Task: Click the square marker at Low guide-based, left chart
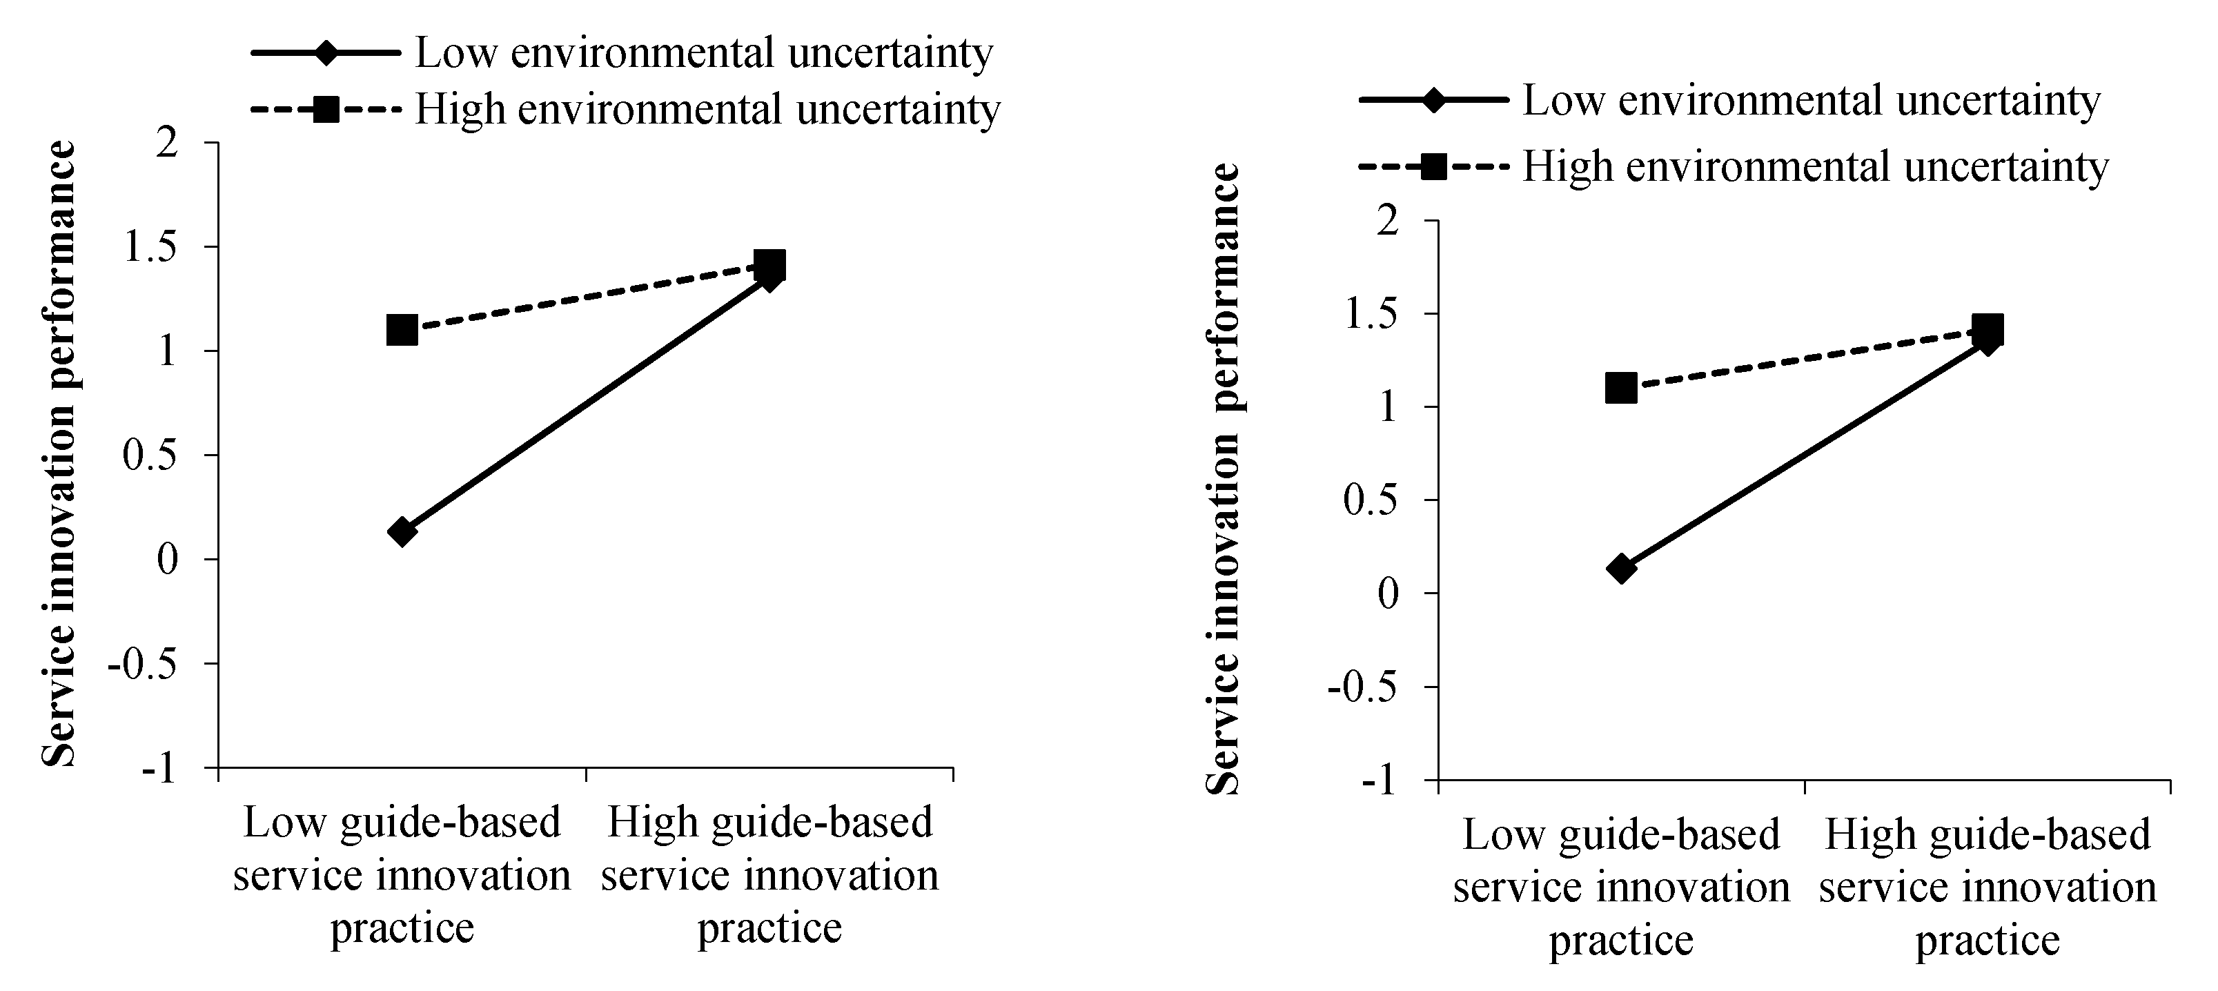pyautogui.click(x=402, y=330)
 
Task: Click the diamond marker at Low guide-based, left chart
pyautogui.click(x=402, y=531)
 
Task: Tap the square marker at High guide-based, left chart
pyautogui.click(x=769, y=265)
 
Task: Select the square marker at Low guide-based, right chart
pyautogui.click(x=1620, y=389)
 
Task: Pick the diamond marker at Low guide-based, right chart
pyautogui.click(x=1620, y=568)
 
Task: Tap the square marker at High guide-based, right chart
pyautogui.click(x=1988, y=330)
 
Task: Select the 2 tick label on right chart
pyautogui.click(x=1387, y=222)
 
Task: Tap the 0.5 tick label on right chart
pyautogui.click(x=1373, y=500)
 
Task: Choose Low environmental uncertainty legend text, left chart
pyautogui.click(x=703, y=53)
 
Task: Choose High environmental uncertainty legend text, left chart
pyautogui.click(x=707, y=109)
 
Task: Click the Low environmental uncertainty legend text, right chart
pyautogui.click(x=1812, y=101)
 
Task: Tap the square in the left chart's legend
pyautogui.click(x=326, y=109)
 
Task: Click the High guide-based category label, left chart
pyautogui.click(x=769, y=875)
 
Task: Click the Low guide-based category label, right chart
pyautogui.click(x=1620, y=887)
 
